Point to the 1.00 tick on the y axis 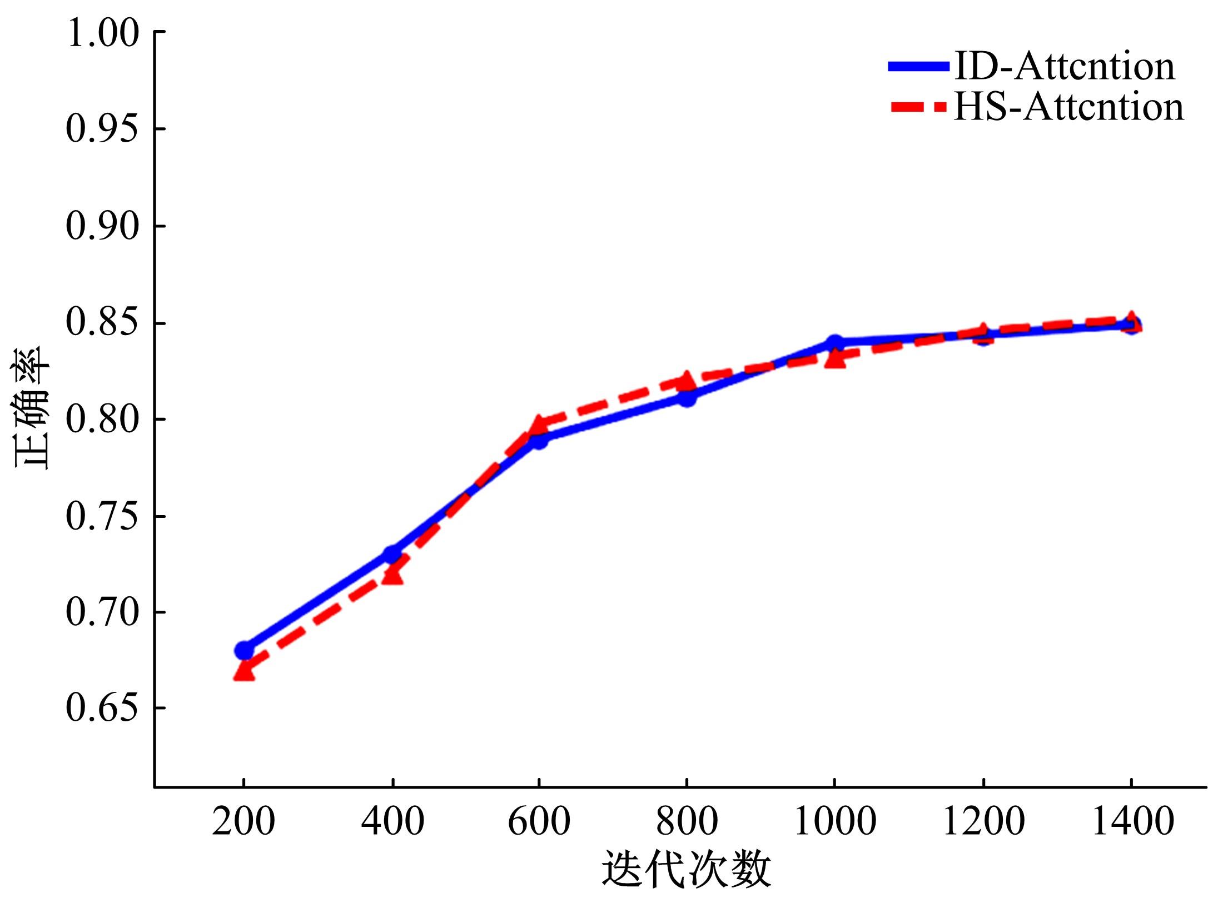102,33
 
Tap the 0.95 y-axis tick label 102,129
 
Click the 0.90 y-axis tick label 102,226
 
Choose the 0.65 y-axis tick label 102,709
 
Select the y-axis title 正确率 32,408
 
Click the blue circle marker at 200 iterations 244,650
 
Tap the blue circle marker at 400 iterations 392,554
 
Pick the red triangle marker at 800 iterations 687,380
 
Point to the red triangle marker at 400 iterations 393,575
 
